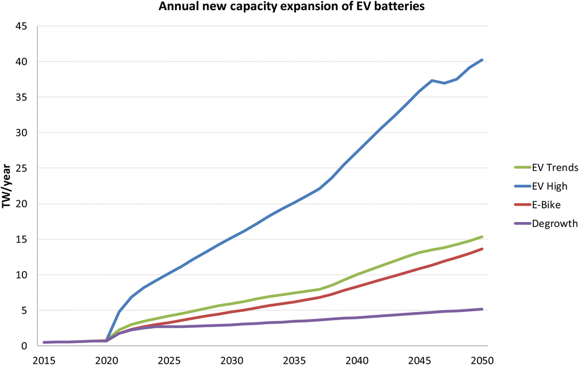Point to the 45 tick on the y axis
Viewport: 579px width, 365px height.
[x=22, y=26]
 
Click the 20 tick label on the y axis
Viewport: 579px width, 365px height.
[x=22, y=204]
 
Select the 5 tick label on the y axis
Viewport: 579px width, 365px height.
[x=25, y=310]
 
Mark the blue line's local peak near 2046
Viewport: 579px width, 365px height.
[x=432, y=80]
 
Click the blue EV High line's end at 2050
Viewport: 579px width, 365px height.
[x=483, y=60]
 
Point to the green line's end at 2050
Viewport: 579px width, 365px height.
[x=483, y=237]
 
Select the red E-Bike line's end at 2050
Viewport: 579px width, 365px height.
[x=483, y=249]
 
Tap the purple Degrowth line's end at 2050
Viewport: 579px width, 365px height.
[x=483, y=309]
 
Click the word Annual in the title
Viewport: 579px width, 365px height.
[x=175, y=8]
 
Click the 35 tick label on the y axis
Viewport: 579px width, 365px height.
[x=22, y=97]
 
